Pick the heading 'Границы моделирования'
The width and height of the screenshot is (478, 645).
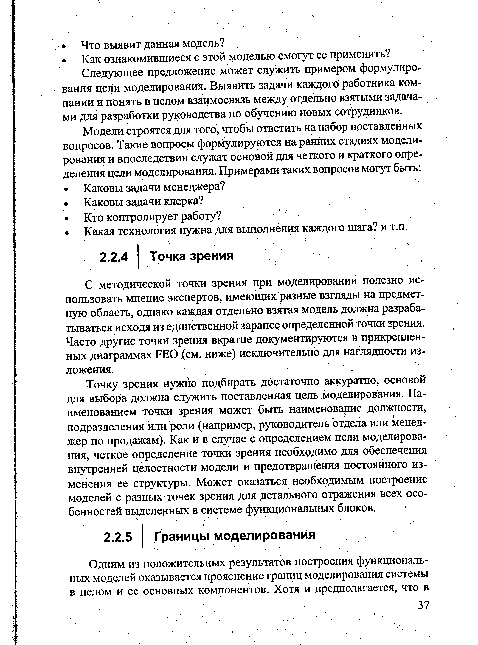tap(234, 535)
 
